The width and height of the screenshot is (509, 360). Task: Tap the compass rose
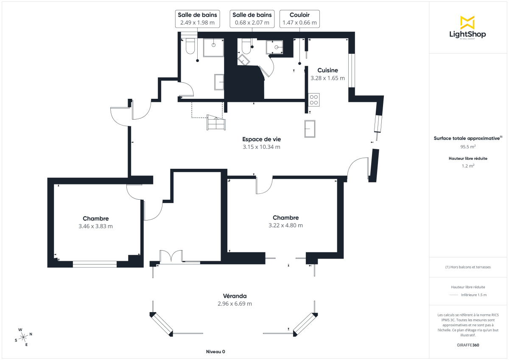click(24, 337)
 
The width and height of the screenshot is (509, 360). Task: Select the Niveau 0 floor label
click(215, 352)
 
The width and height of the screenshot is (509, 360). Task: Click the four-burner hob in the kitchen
click(314, 100)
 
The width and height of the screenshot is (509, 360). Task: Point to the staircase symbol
click(216, 123)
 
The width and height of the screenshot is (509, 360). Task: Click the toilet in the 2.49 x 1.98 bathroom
click(190, 46)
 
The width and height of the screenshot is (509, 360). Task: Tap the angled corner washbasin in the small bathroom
click(244, 59)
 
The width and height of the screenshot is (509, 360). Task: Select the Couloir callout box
click(299, 19)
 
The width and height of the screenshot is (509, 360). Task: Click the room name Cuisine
click(327, 70)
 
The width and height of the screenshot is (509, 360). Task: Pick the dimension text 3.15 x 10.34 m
click(261, 147)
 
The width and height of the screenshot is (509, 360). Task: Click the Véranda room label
click(235, 296)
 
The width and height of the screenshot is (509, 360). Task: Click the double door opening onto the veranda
click(171, 257)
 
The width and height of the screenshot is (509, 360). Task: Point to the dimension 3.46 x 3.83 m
click(95, 226)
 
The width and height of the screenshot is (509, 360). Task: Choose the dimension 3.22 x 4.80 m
click(285, 225)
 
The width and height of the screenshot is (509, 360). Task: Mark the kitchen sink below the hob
click(309, 129)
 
